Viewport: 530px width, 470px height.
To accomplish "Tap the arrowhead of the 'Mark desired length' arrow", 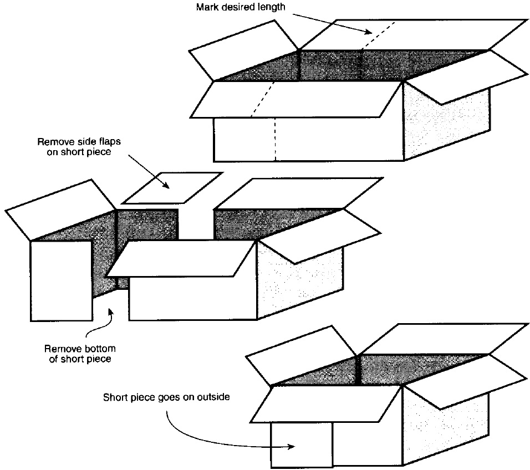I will [369, 33].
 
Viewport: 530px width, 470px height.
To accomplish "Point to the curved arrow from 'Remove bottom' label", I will [99, 324].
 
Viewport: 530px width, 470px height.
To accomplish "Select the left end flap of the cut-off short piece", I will [55, 210].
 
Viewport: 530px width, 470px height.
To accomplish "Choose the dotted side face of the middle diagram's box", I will [299, 283].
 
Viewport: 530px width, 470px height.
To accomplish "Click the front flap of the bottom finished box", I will [327, 403].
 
